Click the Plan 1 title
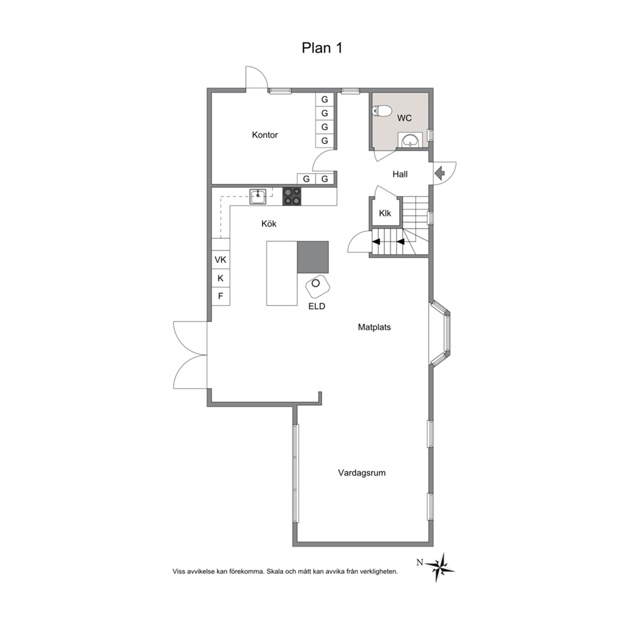(x=321, y=48)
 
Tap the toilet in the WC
(x=382, y=111)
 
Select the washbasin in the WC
(x=410, y=140)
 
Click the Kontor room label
(x=265, y=135)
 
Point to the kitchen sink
(x=257, y=197)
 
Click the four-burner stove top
(x=292, y=197)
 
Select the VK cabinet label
(x=220, y=259)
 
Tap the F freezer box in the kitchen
(x=221, y=297)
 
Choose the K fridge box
(x=221, y=278)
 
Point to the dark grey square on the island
(x=313, y=257)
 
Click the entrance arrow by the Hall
(x=439, y=173)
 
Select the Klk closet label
(x=385, y=213)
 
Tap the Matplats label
(x=374, y=327)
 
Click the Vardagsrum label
(x=362, y=473)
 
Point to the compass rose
(x=441, y=567)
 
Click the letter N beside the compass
(x=420, y=562)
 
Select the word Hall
(x=400, y=174)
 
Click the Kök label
(x=269, y=224)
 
